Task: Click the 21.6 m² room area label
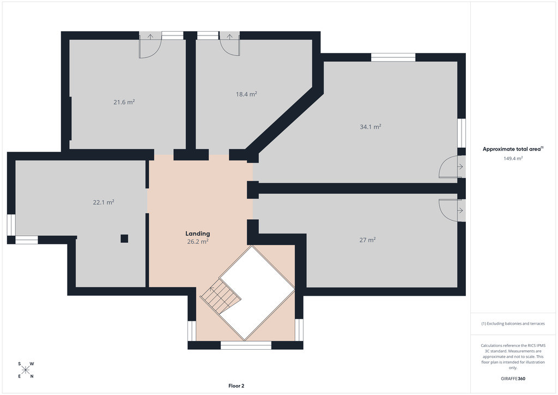click(124, 102)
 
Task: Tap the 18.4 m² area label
click(246, 94)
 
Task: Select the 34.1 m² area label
click(371, 127)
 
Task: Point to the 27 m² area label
click(368, 240)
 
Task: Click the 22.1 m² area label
click(104, 202)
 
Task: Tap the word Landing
click(197, 234)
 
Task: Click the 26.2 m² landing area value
click(198, 242)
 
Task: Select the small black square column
click(124, 238)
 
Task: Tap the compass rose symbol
click(26, 370)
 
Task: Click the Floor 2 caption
click(236, 386)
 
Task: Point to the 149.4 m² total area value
click(513, 159)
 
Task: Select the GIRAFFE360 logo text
click(513, 379)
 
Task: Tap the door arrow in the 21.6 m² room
click(150, 37)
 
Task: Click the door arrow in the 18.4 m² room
click(229, 37)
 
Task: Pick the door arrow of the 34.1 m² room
click(460, 167)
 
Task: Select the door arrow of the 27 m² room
click(460, 211)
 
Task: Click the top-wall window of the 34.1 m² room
click(393, 57)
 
